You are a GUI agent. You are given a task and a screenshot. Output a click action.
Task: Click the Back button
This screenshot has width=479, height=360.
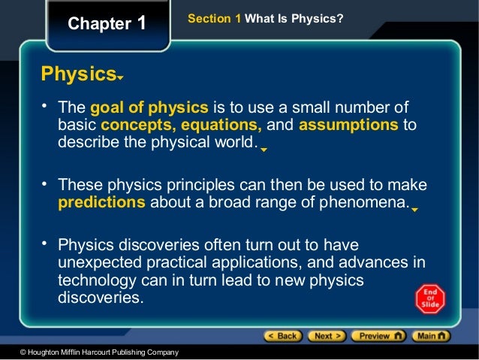coord(282,335)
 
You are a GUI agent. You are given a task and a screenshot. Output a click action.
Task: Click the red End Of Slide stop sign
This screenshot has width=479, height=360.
coord(430,298)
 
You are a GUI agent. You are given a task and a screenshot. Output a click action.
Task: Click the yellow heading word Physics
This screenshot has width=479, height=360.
coord(77,74)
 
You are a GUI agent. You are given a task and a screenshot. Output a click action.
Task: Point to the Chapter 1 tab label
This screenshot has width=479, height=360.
coord(107,23)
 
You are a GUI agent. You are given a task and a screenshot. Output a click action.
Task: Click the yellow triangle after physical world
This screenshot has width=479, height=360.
coord(264,149)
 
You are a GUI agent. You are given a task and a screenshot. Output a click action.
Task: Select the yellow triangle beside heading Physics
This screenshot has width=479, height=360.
coord(119,78)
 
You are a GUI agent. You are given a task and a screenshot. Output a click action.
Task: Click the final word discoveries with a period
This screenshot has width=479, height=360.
coord(99,297)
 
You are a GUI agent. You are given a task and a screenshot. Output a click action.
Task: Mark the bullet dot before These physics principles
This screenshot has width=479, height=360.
coord(45,183)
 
